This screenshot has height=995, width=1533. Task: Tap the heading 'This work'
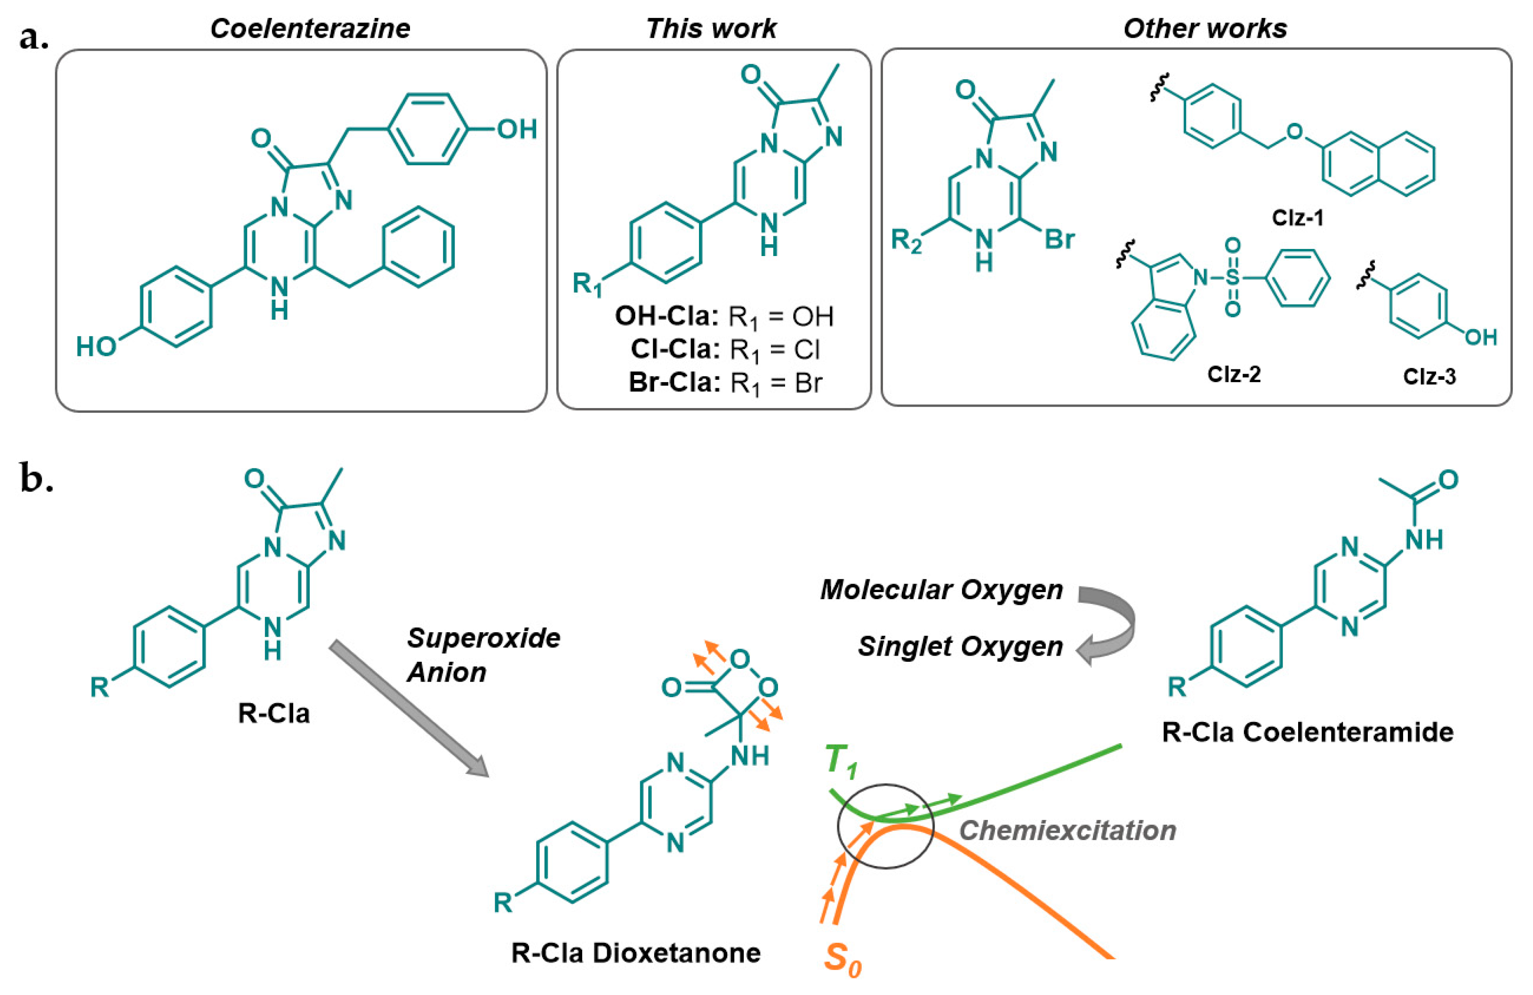pos(711,28)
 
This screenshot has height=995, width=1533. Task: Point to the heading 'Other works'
pos(1204,28)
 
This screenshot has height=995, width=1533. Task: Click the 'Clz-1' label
pos(1297,217)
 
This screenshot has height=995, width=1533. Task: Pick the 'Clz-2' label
pos(1234,374)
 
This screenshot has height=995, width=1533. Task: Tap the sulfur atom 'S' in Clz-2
pos(1232,278)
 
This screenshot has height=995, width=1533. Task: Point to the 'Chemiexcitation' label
pos(1068,830)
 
